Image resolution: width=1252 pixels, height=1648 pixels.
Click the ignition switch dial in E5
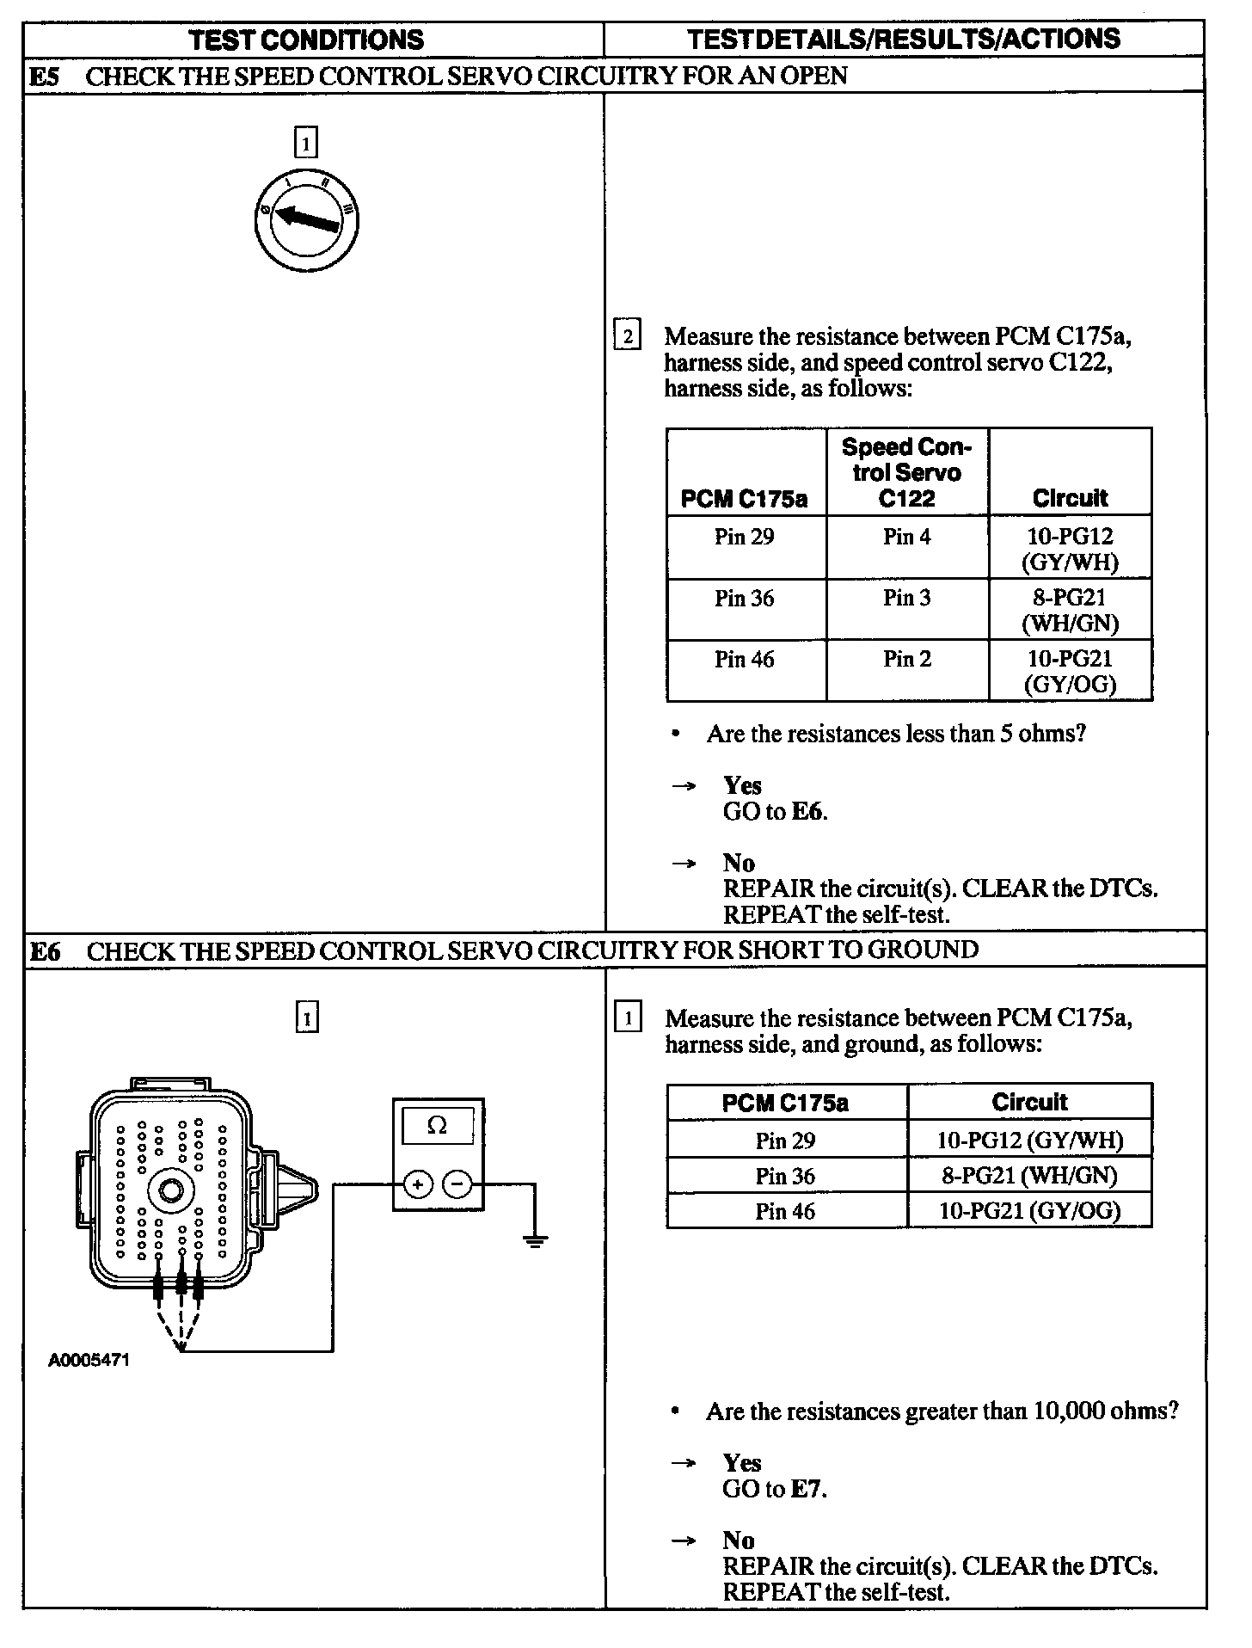(306, 221)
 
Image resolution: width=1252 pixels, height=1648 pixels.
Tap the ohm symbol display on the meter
(438, 1126)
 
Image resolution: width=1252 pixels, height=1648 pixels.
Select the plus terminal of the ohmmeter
(418, 1185)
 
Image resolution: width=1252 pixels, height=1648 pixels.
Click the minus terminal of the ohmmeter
(457, 1185)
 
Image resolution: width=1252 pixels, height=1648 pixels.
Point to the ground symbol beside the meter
(535, 1240)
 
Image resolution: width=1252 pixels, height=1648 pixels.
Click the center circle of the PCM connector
(170, 1190)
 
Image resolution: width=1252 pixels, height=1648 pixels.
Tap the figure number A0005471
(89, 1361)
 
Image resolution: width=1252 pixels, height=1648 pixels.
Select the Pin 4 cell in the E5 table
(906, 538)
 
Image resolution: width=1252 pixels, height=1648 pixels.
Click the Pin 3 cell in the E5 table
(906, 599)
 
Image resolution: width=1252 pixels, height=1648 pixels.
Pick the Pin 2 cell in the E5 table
(906, 660)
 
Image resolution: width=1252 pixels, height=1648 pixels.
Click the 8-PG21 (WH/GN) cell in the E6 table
(1029, 1176)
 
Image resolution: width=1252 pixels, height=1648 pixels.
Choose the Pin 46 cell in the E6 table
(785, 1212)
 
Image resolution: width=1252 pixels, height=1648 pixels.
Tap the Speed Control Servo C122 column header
(906, 472)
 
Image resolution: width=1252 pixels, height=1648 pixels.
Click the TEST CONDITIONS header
(306, 40)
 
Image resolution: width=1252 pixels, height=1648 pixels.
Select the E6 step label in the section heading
(46, 951)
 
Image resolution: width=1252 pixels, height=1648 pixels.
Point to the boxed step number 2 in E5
(627, 336)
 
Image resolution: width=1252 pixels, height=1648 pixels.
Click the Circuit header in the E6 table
(1029, 1103)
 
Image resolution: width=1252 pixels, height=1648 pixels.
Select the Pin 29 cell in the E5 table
(744, 538)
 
